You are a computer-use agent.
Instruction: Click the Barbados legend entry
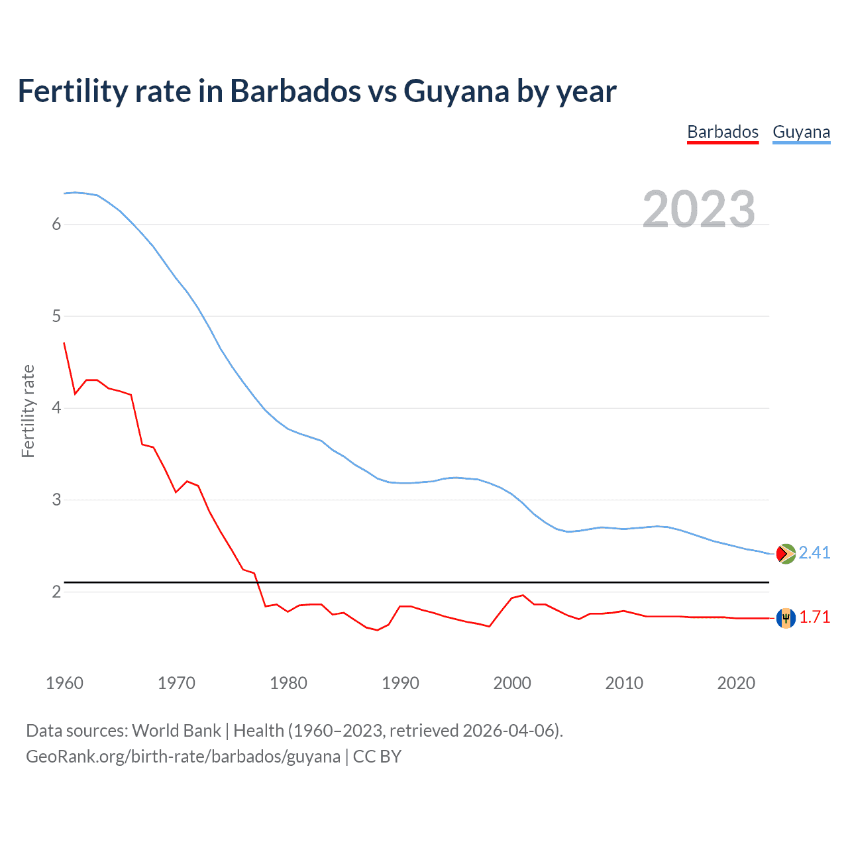(722, 132)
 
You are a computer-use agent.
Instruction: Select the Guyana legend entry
(801, 132)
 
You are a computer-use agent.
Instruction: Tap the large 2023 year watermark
(698, 209)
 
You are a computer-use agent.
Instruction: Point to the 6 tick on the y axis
(56, 224)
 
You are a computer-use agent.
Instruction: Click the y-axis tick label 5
(56, 316)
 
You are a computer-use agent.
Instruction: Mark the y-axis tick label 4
(56, 408)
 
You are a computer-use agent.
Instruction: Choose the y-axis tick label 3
(56, 500)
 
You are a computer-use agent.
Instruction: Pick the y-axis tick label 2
(56, 592)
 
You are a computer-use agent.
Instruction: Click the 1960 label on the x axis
(64, 683)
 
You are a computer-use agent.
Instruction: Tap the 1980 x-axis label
(288, 683)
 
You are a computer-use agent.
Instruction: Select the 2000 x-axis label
(512, 683)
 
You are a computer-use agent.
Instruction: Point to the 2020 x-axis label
(736, 683)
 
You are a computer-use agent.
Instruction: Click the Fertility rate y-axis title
(28, 411)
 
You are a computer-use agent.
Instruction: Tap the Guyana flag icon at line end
(786, 553)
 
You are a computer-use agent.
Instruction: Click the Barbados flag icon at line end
(786, 617)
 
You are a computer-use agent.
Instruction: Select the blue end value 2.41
(814, 553)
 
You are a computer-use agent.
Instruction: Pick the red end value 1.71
(814, 617)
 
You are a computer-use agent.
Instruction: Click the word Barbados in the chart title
(295, 91)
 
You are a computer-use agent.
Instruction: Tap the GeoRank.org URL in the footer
(183, 757)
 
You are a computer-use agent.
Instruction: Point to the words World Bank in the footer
(176, 731)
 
